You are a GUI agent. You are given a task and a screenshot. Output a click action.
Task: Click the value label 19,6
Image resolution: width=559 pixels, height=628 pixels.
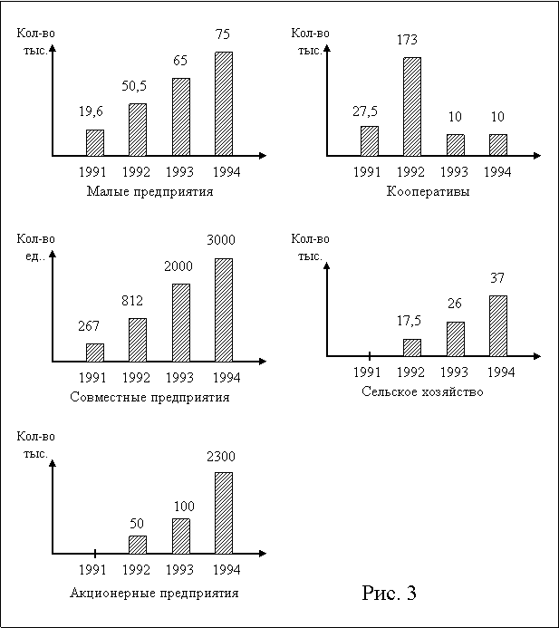click(x=91, y=111)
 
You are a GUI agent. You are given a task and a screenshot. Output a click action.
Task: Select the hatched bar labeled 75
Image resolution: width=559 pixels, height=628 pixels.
click(x=224, y=103)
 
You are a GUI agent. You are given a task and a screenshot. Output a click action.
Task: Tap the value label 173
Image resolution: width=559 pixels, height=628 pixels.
click(x=411, y=40)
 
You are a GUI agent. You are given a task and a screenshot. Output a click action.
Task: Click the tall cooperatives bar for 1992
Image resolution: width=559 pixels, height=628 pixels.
click(x=412, y=107)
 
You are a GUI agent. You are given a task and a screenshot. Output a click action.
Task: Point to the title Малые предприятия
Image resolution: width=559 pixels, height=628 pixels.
click(x=150, y=192)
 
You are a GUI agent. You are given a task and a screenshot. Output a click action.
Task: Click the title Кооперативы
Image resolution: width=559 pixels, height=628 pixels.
click(x=429, y=192)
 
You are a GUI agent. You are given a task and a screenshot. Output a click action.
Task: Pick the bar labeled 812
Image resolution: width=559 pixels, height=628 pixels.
click(x=138, y=340)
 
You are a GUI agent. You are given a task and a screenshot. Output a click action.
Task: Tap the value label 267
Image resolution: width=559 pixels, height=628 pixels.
click(x=95, y=325)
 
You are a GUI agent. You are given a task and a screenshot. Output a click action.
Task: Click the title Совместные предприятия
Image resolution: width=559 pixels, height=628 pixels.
click(x=150, y=397)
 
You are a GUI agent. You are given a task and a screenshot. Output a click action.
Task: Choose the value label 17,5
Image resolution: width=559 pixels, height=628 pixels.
click(x=412, y=322)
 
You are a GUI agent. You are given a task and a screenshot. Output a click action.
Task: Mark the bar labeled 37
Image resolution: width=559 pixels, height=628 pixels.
click(x=498, y=325)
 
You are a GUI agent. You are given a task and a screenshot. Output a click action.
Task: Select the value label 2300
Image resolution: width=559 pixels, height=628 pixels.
click(x=221, y=457)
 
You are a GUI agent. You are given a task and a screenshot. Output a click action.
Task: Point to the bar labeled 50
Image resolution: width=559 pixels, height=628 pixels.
click(x=138, y=545)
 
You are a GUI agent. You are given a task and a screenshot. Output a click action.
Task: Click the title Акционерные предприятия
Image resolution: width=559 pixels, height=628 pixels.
click(x=155, y=593)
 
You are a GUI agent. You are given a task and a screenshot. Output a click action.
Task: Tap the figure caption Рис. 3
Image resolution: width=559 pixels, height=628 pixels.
click(x=390, y=594)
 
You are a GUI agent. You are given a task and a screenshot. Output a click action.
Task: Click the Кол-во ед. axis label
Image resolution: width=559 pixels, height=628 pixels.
click(x=35, y=248)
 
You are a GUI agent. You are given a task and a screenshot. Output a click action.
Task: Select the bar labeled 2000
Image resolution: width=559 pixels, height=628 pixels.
click(x=181, y=324)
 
